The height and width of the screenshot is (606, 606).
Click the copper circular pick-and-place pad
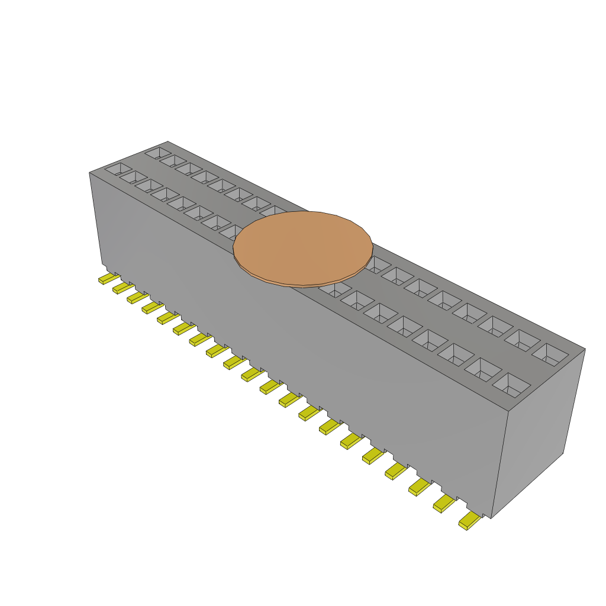[303, 246]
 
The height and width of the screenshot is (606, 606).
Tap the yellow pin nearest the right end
[469, 521]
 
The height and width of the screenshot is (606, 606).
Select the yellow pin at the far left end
[107, 278]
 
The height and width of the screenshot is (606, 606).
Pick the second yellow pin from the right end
[444, 504]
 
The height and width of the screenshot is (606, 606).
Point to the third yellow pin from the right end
[419, 486]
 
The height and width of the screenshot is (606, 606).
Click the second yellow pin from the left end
[121, 288]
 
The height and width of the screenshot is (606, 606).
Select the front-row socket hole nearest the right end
[511, 384]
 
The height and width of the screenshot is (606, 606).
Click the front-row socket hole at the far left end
[118, 169]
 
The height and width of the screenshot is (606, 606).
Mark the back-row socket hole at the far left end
[157, 153]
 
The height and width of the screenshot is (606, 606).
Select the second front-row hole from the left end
[133, 177]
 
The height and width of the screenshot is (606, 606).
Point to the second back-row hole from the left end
[173, 160]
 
